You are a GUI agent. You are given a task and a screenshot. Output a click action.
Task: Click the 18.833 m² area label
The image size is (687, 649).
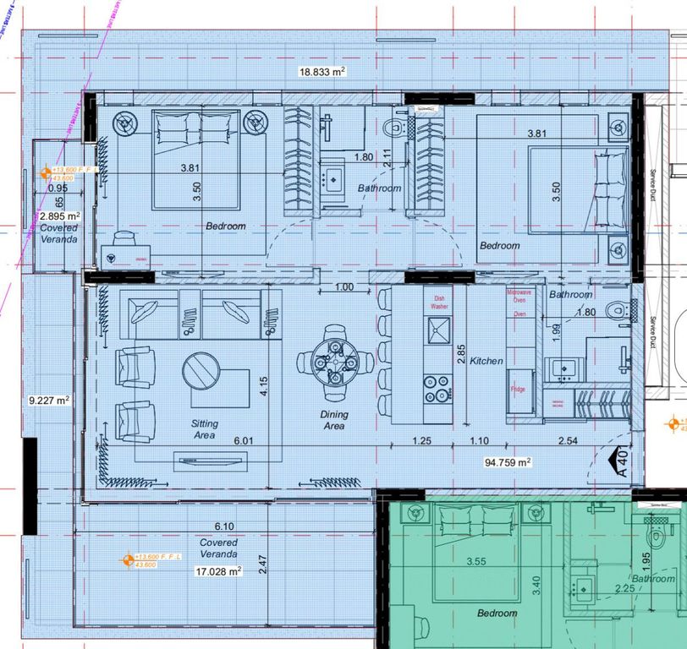pyautogui.click(x=322, y=73)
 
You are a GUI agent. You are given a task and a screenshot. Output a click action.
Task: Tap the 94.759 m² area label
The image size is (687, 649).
pyautogui.click(x=507, y=462)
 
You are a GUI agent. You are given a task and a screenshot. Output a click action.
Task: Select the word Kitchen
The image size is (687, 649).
pyautogui.click(x=487, y=361)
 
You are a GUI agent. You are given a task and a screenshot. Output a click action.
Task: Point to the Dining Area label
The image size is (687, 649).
pyautogui.click(x=333, y=421)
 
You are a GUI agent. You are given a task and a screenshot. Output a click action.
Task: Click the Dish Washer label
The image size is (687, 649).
pyautogui.click(x=439, y=303)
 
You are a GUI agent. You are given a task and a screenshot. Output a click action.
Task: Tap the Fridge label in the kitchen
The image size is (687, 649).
pyautogui.click(x=518, y=389)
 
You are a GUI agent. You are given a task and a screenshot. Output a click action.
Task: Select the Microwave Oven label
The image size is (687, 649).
pyautogui.click(x=519, y=296)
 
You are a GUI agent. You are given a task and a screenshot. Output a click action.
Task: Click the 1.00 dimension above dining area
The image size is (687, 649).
pyautogui.click(x=343, y=287)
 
